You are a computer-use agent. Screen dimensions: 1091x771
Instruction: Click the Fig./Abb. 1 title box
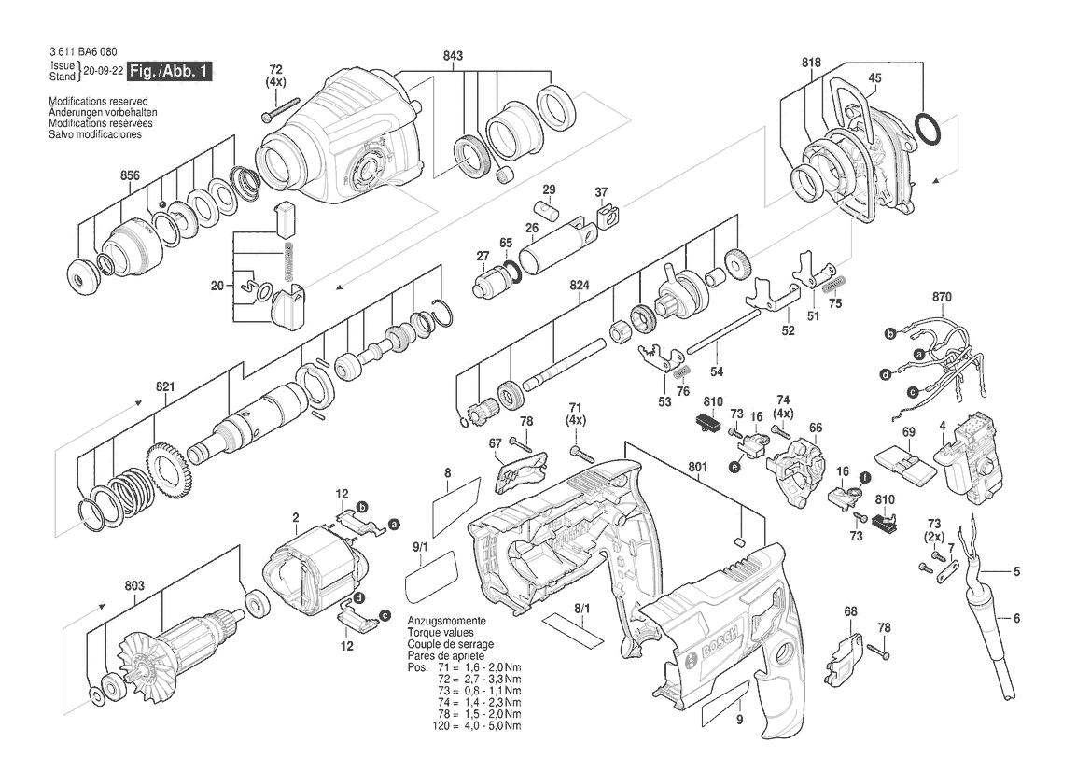(170, 71)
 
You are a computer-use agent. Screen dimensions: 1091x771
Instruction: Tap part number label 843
(453, 56)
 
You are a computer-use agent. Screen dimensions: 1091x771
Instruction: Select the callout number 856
(130, 175)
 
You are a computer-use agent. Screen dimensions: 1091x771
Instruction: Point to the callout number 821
(165, 386)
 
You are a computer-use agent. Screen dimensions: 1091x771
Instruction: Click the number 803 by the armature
(134, 586)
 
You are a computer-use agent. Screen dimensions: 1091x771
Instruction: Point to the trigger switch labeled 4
(969, 456)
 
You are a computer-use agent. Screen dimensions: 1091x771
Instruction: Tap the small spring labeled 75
(833, 284)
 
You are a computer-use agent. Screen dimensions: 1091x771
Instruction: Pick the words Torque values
(441, 633)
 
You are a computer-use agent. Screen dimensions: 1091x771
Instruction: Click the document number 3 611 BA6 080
(83, 52)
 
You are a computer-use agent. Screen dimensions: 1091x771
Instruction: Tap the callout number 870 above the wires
(942, 297)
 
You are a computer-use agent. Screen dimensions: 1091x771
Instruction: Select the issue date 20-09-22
(104, 71)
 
